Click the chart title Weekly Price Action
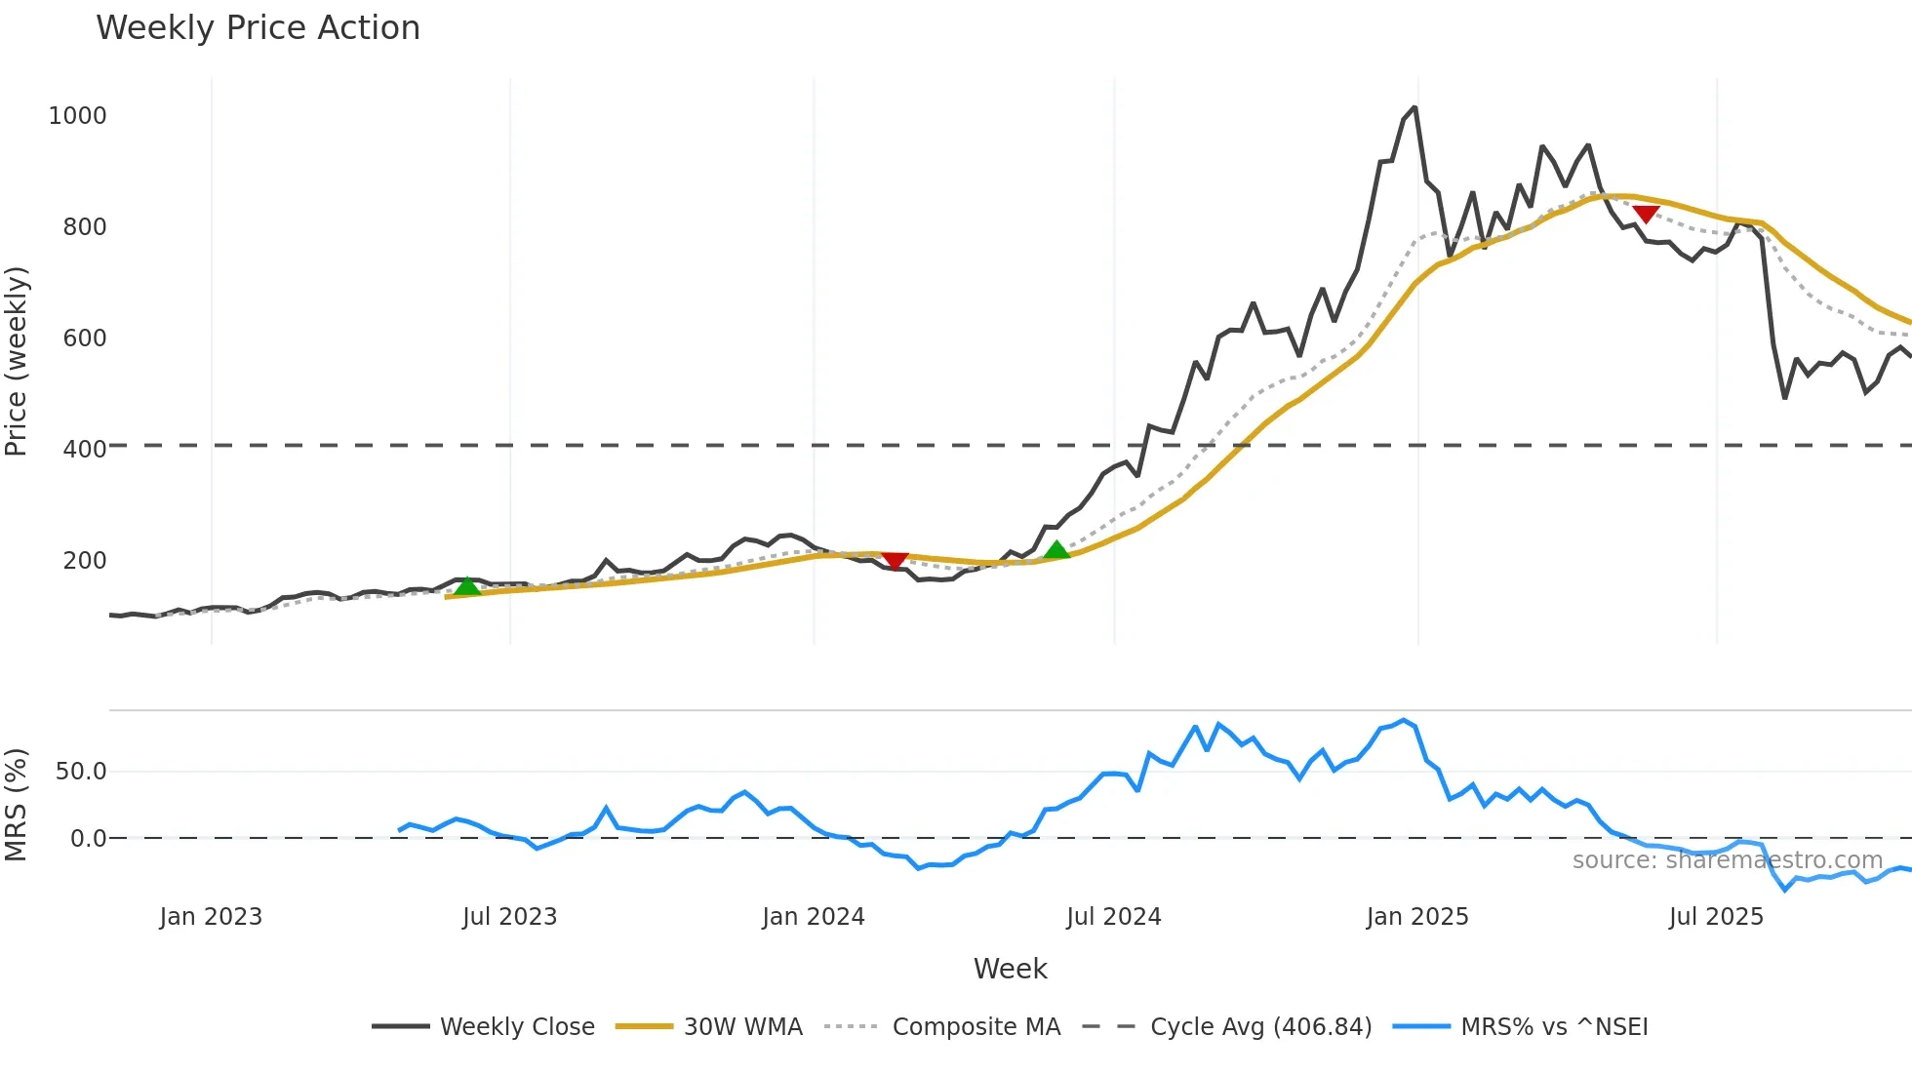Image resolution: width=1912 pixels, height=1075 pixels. point(258,28)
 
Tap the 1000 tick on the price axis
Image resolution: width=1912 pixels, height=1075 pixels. point(77,116)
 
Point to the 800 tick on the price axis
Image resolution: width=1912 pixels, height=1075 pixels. point(84,227)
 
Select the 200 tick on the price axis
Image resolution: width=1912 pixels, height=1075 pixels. point(84,561)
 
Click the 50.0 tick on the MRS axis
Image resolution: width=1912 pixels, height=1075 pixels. point(80,772)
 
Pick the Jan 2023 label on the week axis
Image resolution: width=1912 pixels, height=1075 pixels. point(211,917)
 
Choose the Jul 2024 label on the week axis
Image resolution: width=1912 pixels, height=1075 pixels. point(1113,917)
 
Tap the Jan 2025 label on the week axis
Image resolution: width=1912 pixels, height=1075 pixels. point(1416,917)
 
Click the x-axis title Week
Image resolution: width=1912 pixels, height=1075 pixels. point(1010,969)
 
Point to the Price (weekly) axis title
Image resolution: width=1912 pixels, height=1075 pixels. point(17,361)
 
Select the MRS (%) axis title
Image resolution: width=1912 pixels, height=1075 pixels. point(17,805)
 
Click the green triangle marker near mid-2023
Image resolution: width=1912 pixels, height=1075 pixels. point(468,586)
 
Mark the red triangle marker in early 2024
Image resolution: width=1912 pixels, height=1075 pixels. point(895,560)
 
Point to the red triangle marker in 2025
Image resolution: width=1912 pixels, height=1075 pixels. point(1646,214)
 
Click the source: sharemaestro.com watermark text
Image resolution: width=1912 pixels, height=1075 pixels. point(1727,860)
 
